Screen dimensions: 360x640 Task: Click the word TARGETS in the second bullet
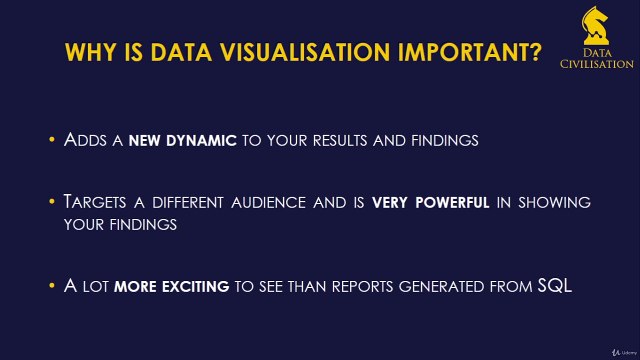(x=96, y=203)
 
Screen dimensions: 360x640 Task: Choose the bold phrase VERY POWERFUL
(x=431, y=203)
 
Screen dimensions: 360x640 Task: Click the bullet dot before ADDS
(x=52, y=141)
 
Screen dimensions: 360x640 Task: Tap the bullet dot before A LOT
(x=52, y=286)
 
